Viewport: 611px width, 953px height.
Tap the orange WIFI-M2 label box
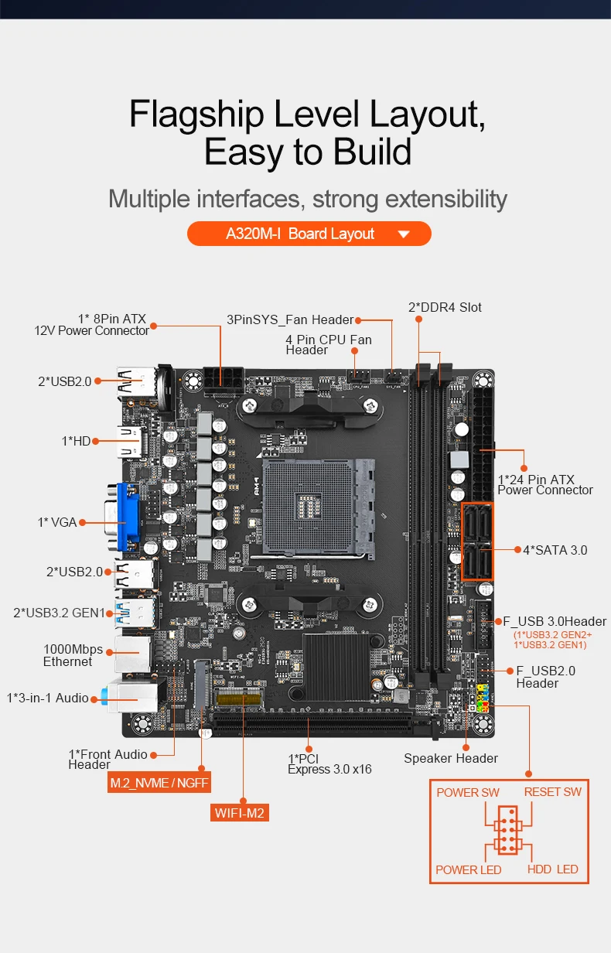coord(240,812)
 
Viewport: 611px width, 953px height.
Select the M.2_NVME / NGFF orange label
coord(159,783)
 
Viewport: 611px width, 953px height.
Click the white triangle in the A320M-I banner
coord(403,234)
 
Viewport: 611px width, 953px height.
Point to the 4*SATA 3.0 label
coord(555,550)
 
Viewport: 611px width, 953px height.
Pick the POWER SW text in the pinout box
coord(468,792)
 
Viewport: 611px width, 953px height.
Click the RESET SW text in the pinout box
coord(552,791)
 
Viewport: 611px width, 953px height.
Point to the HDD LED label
coord(552,869)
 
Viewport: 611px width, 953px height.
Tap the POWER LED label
coord(468,869)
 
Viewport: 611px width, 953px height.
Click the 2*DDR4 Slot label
coord(445,307)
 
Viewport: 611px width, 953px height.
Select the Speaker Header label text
coord(451,758)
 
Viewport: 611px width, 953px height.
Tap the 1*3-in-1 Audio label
coord(48,698)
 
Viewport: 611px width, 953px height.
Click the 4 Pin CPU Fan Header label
coord(328,345)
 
